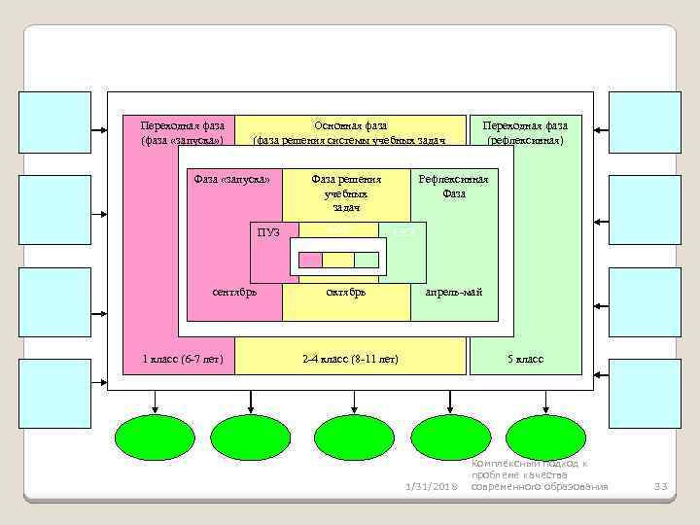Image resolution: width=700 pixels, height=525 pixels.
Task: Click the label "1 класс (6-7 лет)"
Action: (x=182, y=360)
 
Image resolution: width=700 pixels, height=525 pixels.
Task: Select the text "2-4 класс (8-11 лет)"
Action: (x=350, y=360)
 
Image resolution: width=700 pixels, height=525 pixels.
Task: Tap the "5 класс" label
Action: (x=525, y=360)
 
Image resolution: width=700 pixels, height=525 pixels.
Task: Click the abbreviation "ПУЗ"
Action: (x=268, y=232)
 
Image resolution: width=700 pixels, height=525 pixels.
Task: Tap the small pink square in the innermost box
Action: (x=310, y=260)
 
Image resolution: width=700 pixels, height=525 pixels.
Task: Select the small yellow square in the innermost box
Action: (x=337, y=260)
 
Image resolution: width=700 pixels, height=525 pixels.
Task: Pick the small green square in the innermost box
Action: (x=366, y=260)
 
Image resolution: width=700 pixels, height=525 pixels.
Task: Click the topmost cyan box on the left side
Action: (x=55, y=122)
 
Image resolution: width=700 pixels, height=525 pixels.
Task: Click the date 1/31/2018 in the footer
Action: (x=429, y=486)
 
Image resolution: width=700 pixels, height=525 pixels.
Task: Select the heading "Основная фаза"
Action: (x=350, y=125)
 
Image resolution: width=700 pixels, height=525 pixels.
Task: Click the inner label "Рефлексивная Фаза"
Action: (x=453, y=186)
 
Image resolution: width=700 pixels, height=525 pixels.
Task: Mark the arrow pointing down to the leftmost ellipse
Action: (x=153, y=402)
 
